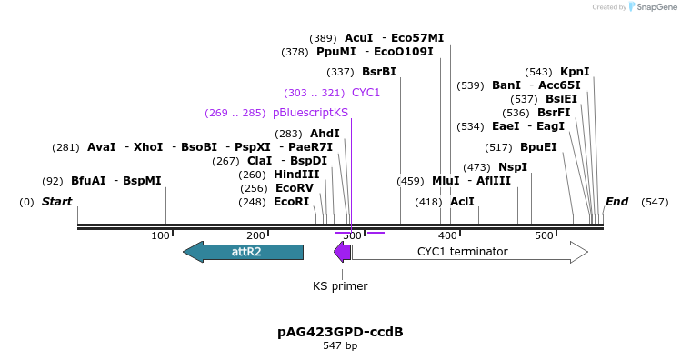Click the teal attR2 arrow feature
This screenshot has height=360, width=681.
point(243,252)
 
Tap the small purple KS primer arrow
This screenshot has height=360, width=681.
point(342,252)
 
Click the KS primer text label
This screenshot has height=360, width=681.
point(340,286)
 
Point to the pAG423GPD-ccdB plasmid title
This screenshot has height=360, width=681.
point(340,332)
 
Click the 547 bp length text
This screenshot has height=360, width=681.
point(340,346)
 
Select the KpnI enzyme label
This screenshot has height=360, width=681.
point(575,72)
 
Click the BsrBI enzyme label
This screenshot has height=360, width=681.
point(379,72)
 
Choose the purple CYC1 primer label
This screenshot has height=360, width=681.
point(366,93)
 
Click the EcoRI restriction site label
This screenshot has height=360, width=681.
point(292,202)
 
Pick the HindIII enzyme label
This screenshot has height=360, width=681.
point(296,175)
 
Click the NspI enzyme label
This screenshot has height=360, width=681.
point(512,167)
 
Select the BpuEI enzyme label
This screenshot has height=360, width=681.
point(538,147)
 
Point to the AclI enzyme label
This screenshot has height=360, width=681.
point(462,202)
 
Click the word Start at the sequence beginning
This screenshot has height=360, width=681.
point(56,202)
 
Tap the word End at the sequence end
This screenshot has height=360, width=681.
point(617,202)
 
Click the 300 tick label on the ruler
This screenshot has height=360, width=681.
point(352,236)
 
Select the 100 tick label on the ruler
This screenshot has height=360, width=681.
point(161,236)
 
